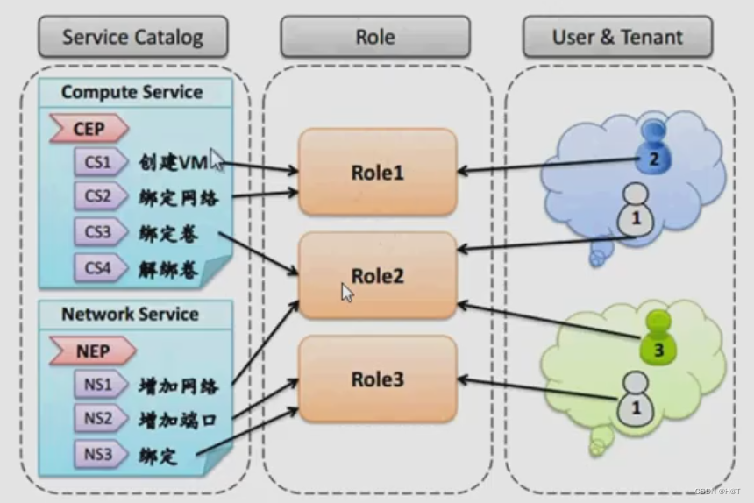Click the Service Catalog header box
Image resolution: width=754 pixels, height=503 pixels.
[x=132, y=37]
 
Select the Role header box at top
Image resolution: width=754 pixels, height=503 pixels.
[x=374, y=37]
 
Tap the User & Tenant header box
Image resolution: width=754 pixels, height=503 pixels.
[x=617, y=37]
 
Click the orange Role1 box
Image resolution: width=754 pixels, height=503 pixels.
[x=377, y=172]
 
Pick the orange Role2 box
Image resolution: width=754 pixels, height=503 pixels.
[x=377, y=275]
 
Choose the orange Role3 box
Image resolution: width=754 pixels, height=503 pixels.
[x=377, y=379]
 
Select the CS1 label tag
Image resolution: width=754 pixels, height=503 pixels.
[x=98, y=162]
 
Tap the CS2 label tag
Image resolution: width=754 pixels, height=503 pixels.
[x=98, y=197]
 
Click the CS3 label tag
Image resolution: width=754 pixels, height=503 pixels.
[x=98, y=233]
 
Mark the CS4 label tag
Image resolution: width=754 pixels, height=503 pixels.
[x=98, y=268]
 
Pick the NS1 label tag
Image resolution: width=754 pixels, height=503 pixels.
[x=98, y=384]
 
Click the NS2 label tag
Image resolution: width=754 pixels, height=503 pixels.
[x=98, y=418]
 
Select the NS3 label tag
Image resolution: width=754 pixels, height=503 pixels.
[x=98, y=454]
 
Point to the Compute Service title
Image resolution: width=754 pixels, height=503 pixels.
[x=132, y=92]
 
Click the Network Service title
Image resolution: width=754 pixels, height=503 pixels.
[x=130, y=314]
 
